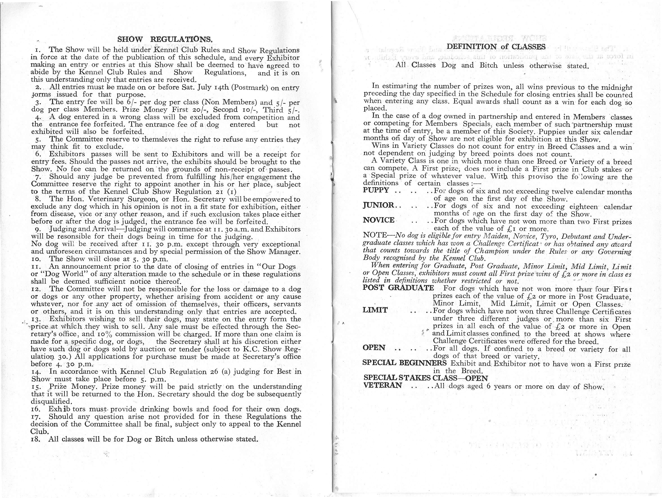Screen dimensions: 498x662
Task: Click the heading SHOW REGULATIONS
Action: [x=165, y=39]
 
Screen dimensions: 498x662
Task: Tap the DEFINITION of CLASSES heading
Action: [x=496, y=47]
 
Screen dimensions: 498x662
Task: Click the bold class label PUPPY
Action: [x=376, y=190]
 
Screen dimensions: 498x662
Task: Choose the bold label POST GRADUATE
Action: [x=398, y=288]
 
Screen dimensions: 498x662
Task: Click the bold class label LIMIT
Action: [x=375, y=310]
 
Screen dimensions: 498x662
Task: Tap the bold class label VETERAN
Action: [x=383, y=385]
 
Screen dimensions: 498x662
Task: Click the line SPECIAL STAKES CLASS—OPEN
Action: [x=426, y=378]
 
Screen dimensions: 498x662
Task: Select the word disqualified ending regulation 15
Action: [x=51, y=401]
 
